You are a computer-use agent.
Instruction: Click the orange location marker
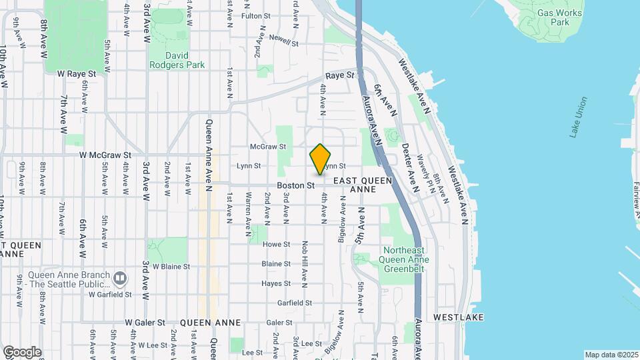coord(320,159)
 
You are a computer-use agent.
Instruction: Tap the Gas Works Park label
coord(559,17)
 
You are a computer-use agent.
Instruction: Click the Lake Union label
coord(579,117)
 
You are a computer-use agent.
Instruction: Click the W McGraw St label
coord(105,155)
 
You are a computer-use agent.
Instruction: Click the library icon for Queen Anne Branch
coord(120,277)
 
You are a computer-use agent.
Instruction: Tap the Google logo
coord(22,351)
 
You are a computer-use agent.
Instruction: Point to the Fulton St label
coord(256,16)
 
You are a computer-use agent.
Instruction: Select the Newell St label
coord(283,41)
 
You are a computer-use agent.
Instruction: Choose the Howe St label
coord(276,245)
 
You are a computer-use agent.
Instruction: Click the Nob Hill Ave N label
coord(305,265)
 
